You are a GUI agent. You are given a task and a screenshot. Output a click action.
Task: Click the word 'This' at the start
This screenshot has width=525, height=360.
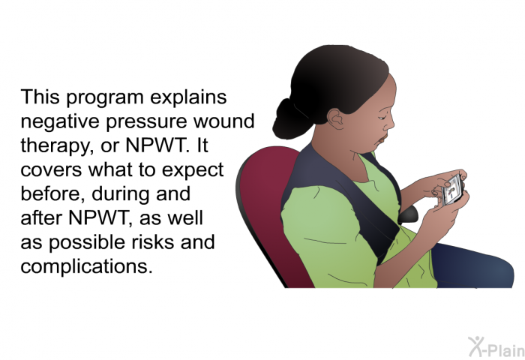coord(40,97)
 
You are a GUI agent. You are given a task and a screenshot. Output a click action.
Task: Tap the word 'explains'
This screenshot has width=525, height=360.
coord(188,97)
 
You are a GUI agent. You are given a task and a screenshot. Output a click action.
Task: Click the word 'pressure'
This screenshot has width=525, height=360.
coord(147,123)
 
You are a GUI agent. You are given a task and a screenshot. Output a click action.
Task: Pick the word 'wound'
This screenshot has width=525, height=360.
coord(224,121)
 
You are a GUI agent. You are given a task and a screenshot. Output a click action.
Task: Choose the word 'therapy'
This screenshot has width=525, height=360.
coord(57,147)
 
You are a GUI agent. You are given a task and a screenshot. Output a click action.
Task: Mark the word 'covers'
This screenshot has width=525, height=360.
coord(51,170)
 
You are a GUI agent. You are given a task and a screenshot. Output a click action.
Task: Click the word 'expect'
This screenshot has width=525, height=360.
coord(193,171)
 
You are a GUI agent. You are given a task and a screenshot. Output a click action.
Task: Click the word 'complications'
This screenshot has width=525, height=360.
coord(87,266)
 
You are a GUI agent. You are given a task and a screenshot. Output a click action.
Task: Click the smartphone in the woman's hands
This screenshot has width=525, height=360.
coord(452,190)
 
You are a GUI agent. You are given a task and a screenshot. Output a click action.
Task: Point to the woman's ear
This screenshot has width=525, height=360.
coord(336,119)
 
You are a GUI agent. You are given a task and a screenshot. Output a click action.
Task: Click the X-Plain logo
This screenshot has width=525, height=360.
coord(496,347)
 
